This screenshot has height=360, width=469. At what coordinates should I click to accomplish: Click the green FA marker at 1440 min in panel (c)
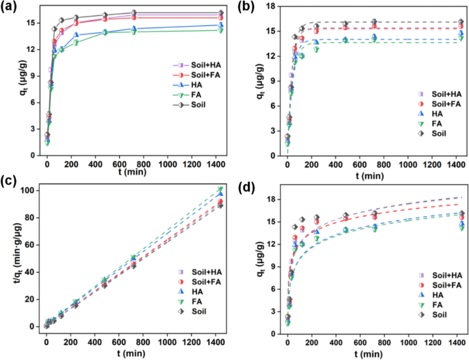pos(220,189)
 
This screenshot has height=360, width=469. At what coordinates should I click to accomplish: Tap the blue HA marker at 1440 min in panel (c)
pos(220,194)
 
